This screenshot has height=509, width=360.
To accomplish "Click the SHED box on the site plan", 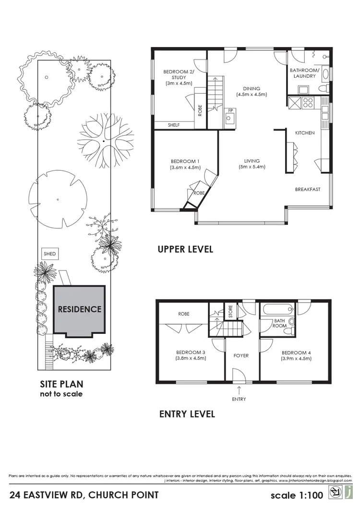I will coord(49,254).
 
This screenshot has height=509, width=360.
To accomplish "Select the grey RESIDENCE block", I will coord(79,309).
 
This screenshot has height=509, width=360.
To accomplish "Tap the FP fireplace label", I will coord(230,111).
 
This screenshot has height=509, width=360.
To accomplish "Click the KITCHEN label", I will coord(305,133).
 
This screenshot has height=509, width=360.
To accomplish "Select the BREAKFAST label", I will coord(307,189).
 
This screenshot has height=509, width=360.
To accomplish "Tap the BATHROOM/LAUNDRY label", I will coord(303,73).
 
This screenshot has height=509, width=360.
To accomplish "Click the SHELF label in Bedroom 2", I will coord(173,125).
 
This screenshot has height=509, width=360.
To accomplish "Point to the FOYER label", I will coord(240,356).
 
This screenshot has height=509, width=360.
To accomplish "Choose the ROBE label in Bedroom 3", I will coord(184,314).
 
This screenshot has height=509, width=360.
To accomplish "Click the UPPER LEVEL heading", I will coord(185,249).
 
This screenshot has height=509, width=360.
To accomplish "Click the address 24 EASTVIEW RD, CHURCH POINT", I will coord(84,495).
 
